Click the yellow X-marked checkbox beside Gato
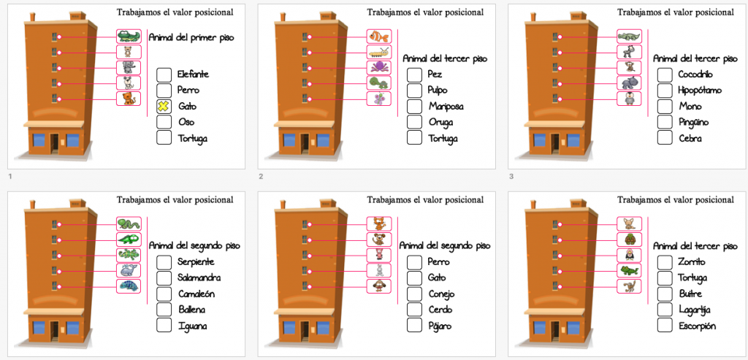164,106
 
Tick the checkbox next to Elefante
164,74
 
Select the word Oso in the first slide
186,122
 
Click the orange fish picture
379,37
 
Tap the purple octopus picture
379,68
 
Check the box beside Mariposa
414,106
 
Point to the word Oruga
441,122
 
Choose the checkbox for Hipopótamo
665,91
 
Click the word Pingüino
692,122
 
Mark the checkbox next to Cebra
665,137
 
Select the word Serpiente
197,262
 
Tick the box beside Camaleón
164,294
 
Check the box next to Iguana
164,326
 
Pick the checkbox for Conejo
414,294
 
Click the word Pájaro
440,326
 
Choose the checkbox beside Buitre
665,294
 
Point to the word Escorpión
697,326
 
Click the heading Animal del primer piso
191,37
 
